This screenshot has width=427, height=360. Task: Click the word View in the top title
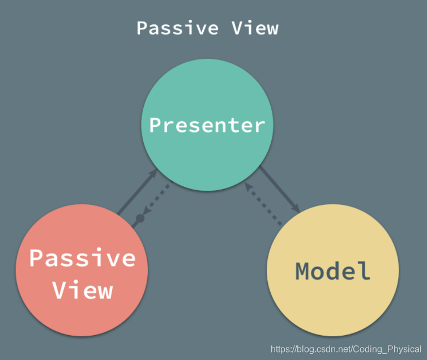click(255, 28)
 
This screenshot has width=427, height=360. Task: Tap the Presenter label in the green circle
click(207, 125)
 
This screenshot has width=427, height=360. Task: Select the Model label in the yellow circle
click(333, 271)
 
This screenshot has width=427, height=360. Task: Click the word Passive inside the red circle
click(83, 258)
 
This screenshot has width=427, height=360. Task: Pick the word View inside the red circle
click(83, 290)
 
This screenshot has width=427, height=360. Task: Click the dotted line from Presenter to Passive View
click(155, 201)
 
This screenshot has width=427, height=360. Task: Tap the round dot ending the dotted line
click(140, 218)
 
